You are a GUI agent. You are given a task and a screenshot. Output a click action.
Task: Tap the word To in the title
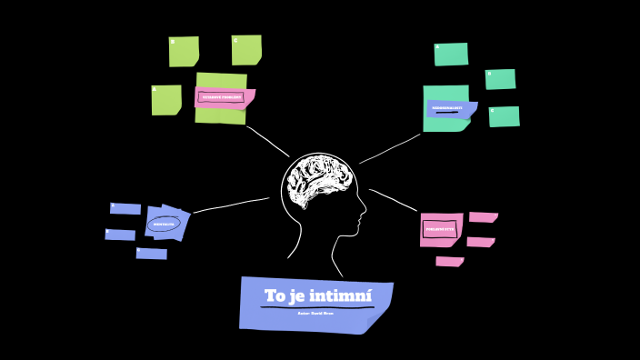275,296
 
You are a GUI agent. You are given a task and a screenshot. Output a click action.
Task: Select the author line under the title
315,314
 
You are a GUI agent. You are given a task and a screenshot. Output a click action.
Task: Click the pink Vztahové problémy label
221,97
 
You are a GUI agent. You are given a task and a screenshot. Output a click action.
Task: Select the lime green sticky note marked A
165,100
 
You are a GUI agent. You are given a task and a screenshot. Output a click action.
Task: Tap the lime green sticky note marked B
184,52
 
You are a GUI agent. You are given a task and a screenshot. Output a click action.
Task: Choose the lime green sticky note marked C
246,50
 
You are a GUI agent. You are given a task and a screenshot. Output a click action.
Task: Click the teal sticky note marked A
451,55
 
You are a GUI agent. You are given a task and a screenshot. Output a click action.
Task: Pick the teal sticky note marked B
500,79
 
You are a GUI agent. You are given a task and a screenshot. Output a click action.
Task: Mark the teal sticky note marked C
505,116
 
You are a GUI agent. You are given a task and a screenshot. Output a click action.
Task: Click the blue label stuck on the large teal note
449,109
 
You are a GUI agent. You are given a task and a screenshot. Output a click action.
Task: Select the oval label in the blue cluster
164,224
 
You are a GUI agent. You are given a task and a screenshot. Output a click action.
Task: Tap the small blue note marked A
125,208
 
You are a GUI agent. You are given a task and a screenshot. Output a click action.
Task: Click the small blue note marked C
151,254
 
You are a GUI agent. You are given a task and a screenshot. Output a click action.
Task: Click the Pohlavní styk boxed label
440,229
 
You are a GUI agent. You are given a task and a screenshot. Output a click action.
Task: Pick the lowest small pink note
449,262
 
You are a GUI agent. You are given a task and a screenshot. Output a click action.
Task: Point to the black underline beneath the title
316,307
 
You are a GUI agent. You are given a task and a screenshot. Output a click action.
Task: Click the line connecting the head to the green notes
267,141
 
